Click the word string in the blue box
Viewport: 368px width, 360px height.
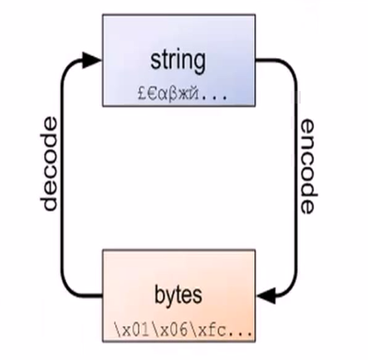click(180, 64)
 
